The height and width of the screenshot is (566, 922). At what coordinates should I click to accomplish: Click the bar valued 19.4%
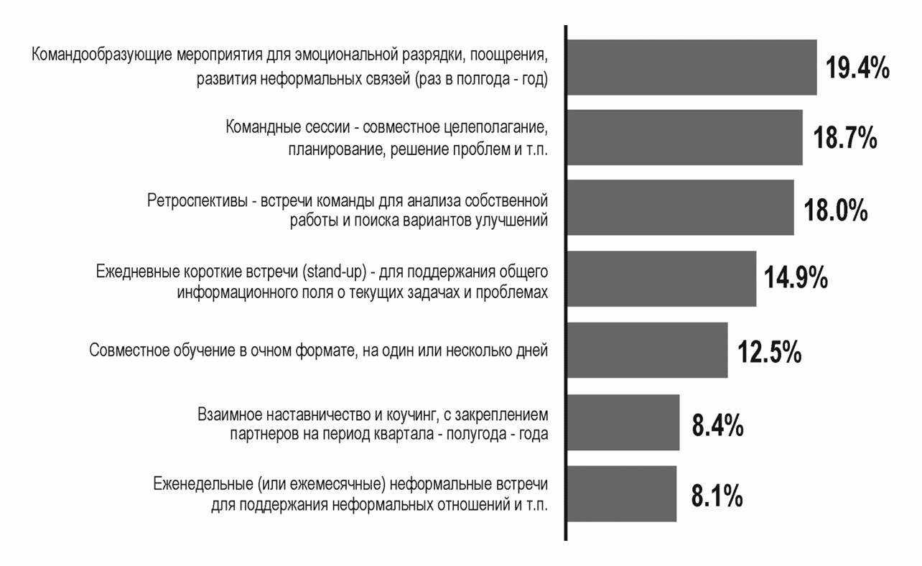pos(691,68)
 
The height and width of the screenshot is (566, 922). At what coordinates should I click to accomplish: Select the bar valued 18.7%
pos(684,138)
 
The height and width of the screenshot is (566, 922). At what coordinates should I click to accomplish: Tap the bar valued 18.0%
pos(680,208)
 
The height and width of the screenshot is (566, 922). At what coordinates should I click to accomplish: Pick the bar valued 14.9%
pos(661,279)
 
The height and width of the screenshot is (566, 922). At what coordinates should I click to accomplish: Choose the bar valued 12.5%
pos(647,350)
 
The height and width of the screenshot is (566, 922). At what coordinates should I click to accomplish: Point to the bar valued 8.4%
pos(623,422)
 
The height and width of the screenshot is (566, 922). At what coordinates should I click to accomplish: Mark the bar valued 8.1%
pos(621,493)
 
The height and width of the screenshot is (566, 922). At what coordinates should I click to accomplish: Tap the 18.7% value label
pos(844,139)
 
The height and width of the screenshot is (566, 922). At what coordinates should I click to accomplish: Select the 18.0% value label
pos(835,210)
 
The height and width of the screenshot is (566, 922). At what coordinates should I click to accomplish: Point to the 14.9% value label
pos(796,278)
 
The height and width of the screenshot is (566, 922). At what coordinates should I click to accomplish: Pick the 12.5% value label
pos(769,353)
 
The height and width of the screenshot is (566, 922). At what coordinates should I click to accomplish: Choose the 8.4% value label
pos(717,425)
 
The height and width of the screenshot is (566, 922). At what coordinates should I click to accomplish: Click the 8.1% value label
pos(717,497)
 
